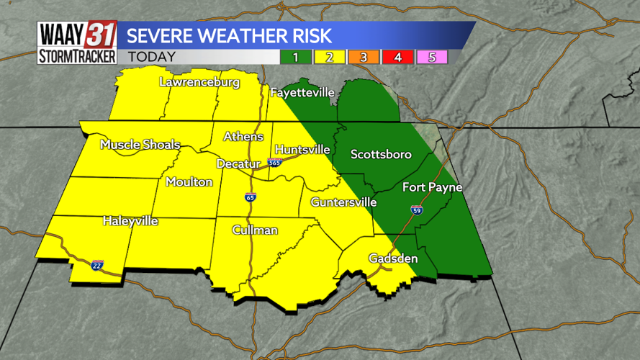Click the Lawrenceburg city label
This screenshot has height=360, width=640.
(x=199, y=83)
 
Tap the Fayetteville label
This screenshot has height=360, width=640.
(x=302, y=93)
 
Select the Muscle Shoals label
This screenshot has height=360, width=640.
(x=140, y=145)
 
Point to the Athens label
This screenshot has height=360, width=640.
(x=243, y=137)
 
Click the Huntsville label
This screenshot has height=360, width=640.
(x=302, y=150)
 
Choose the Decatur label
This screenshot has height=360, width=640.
(x=238, y=164)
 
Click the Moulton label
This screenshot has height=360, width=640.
(x=189, y=182)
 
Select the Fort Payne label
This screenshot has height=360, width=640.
(x=432, y=187)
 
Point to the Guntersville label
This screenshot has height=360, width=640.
(x=343, y=202)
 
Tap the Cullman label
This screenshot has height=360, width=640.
(x=255, y=230)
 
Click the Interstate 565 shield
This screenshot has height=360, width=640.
(x=274, y=163)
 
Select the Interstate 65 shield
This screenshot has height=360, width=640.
(x=251, y=197)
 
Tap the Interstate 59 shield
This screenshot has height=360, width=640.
(x=417, y=210)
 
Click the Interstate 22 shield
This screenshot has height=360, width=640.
(x=97, y=265)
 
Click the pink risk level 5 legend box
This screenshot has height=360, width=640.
(x=432, y=57)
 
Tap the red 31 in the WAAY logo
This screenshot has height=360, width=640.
(x=100, y=35)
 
